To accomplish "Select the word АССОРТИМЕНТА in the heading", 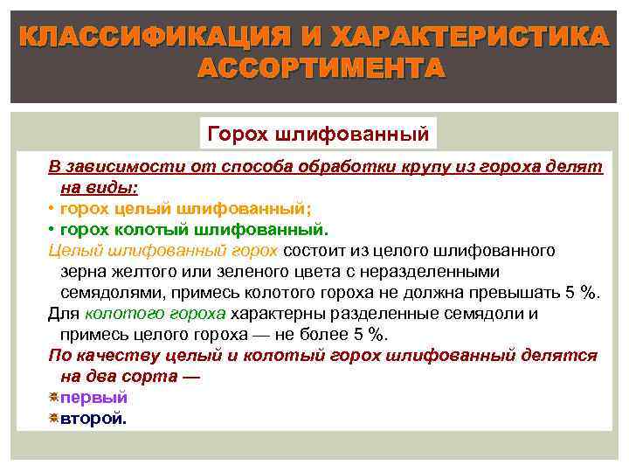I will pyautogui.click(x=321, y=67).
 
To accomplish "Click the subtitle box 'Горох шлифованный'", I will pyautogui.click(x=317, y=135).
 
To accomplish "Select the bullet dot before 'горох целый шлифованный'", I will pyautogui.click(x=52, y=209).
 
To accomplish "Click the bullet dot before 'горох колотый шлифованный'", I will pyautogui.click(x=52, y=230).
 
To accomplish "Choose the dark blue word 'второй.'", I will pyautogui.click(x=93, y=419).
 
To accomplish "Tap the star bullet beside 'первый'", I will pyautogui.click(x=53, y=398).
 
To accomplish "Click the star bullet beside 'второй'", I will pyautogui.click(x=53, y=419).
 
